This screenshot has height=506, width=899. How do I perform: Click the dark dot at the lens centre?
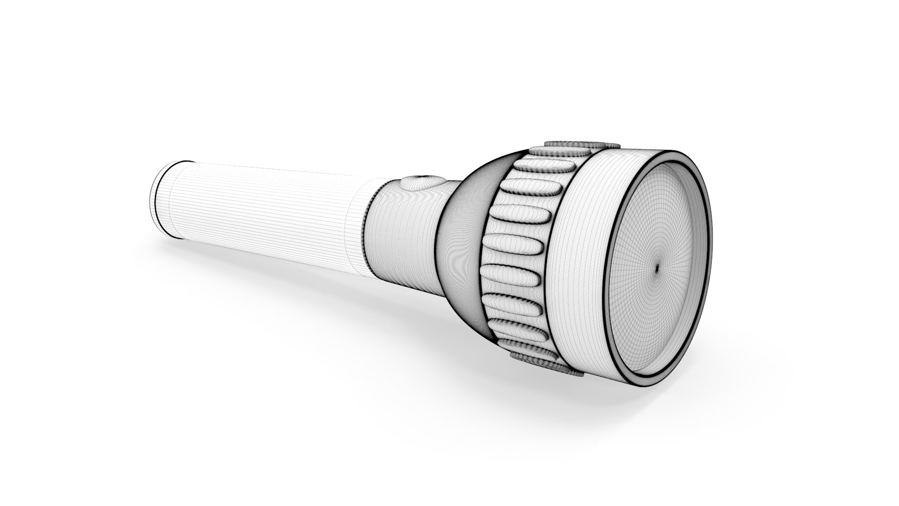[x=656, y=268]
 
